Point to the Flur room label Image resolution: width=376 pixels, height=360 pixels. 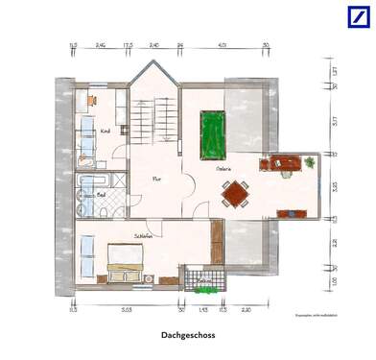point(155,178)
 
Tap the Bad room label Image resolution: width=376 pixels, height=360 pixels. point(100,192)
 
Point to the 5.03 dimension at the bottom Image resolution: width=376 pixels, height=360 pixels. point(127,311)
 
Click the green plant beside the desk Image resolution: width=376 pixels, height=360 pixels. point(310,163)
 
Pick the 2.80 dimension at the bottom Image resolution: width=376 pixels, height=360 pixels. point(246,311)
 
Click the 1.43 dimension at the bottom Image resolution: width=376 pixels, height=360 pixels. point(203,311)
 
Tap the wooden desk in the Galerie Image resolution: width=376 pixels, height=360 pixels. point(286,161)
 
